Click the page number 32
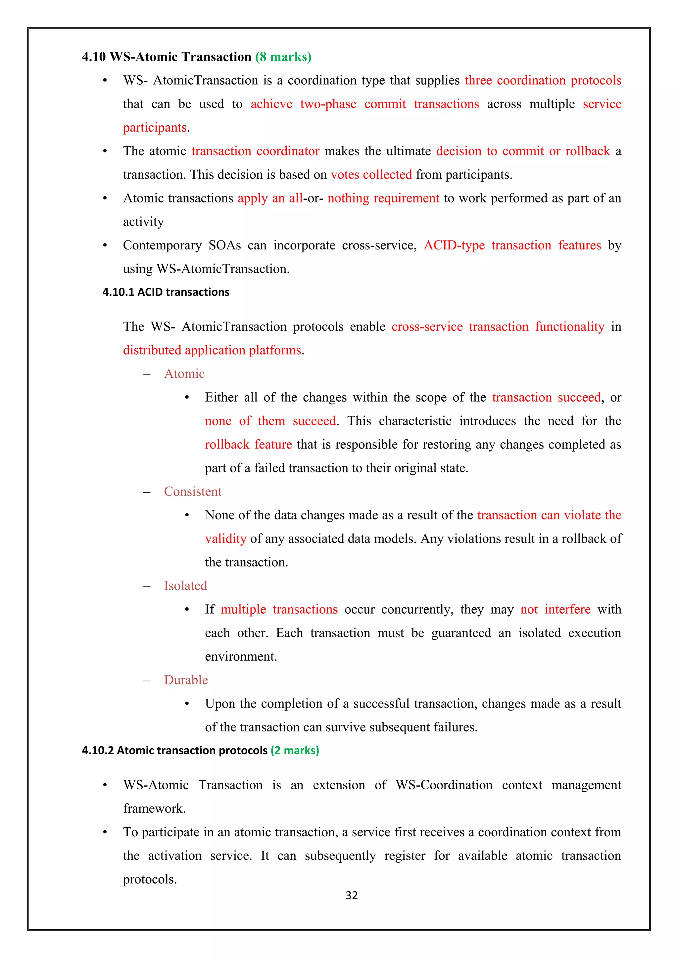click(352, 895)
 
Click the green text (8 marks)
click(283, 57)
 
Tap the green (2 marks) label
click(295, 751)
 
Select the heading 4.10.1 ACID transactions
click(166, 292)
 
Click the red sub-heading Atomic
click(184, 374)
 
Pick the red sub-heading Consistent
click(192, 492)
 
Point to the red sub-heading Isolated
click(185, 586)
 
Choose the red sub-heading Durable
click(186, 680)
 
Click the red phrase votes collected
click(371, 174)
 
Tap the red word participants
click(155, 128)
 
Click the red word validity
click(225, 539)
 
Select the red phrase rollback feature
click(248, 444)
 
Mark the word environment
click(240, 657)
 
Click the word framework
click(154, 808)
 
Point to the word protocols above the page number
click(149, 879)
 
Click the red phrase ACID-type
click(454, 245)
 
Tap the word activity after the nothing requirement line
click(143, 222)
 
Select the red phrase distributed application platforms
click(212, 350)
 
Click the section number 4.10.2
click(98, 751)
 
